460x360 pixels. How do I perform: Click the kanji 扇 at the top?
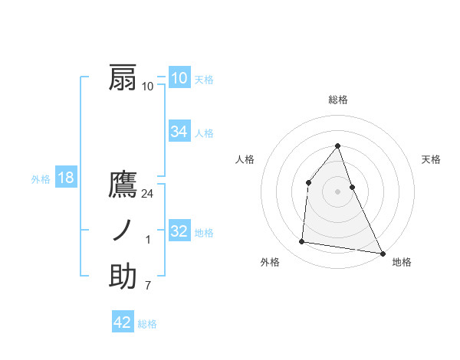pos(123,79)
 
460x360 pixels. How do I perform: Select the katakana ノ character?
pos(123,231)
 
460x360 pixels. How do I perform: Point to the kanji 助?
pos(123,277)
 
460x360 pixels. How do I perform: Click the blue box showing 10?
pos(179,78)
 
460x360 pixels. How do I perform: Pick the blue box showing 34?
pos(179,132)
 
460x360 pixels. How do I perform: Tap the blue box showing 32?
pos(179,231)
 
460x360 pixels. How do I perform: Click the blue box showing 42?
pos(123,322)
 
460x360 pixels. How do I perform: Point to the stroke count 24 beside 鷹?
pos(148,194)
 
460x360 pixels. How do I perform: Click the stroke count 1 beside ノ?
pos(148,240)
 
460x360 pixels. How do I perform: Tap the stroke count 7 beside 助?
pos(148,285)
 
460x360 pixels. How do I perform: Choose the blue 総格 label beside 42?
pos(147,324)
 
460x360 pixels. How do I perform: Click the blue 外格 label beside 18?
pos(41,179)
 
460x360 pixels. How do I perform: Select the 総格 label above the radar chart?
pos(338,100)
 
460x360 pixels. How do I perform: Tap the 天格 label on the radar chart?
pos(432,159)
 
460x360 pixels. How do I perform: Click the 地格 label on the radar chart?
pos(402,262)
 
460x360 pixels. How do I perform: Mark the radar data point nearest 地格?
pos(382,254)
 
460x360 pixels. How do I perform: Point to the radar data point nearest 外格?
pos(302,242)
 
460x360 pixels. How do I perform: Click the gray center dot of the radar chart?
pos(338,191)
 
